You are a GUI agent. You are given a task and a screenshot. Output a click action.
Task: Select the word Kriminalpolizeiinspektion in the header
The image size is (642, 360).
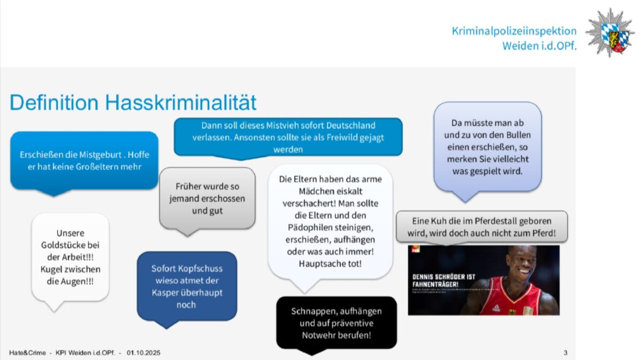click(x=514, y=31)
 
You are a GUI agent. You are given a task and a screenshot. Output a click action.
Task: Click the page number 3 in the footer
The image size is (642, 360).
click(x=565, y=353)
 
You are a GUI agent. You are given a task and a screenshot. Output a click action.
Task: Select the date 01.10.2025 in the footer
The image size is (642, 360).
click(x=143, y=353)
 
